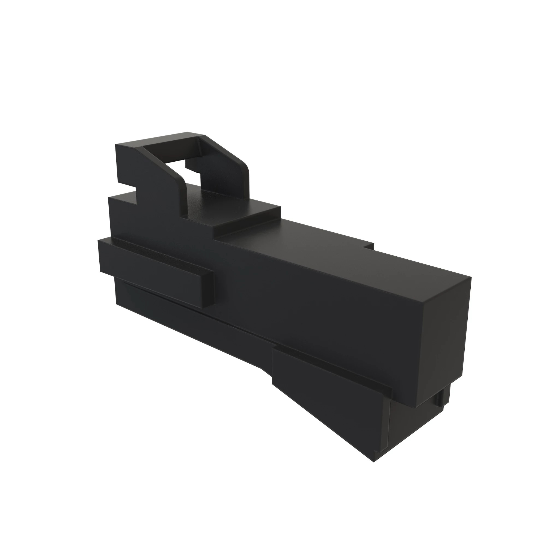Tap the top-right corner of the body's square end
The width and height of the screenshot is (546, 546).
tap(471, 277)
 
